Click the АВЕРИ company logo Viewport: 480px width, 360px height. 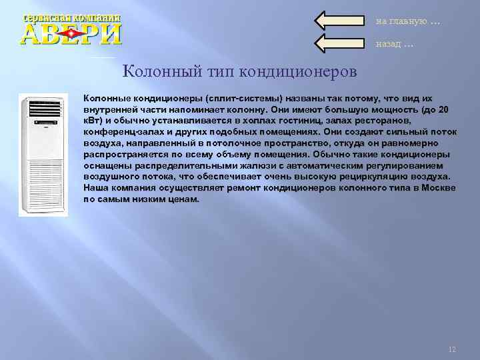(x=72, y=29)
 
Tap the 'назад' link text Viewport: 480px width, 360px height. (x=391, y=44)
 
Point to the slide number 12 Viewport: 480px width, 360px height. (x=452, y=349)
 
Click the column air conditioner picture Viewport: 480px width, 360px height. (x=43, y=155)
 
